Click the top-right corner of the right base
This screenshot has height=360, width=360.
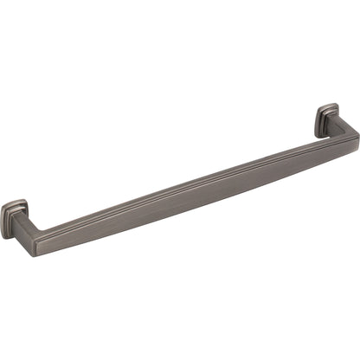click(337, 107)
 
